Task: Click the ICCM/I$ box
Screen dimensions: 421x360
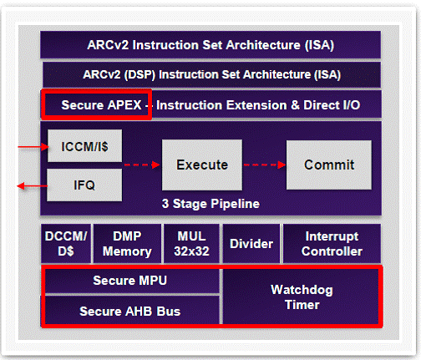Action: tap(84, 145)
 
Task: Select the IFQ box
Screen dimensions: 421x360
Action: tap(84, 185)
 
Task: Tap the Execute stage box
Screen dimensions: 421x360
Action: tap(202, 165)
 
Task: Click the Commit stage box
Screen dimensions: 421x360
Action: tap(329, 165)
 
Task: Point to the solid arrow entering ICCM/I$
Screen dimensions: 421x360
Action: tap(33, 147)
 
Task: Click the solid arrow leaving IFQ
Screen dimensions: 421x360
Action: tap(33, 185)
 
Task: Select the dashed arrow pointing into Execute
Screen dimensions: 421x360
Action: tap(142, 165)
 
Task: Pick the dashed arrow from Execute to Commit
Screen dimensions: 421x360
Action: tap(265, 165)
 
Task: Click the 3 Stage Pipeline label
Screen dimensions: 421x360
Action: tap(210, 204)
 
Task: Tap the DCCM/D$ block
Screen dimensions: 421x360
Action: tap(66, 244)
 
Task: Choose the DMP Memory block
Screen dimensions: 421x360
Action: tap(127, 244)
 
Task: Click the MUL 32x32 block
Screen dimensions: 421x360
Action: tap(191, 244)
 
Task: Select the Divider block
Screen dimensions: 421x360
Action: tap(251, 244)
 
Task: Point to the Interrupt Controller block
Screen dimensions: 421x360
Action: tap(332, 244)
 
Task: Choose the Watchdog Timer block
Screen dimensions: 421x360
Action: tap(301, 297)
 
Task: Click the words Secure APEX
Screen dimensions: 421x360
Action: tap(101, 105)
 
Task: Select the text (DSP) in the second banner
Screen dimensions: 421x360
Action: tap(139, 74)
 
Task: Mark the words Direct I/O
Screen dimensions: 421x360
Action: tap(332, 105)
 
